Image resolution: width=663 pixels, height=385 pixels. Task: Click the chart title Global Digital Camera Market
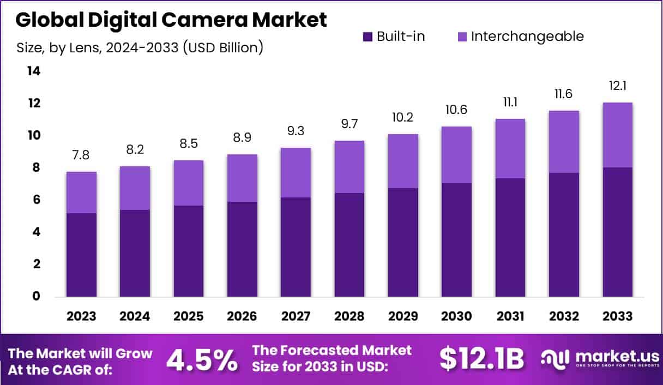[x=171, y=20]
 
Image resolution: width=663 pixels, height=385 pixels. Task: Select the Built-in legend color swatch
[x=367, y=37]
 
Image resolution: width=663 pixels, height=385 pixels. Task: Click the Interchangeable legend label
[x=527, y=37]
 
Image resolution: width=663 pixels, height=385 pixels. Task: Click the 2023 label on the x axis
[x=81, y=317]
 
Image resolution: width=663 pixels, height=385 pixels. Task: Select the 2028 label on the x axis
[x=349, y=317]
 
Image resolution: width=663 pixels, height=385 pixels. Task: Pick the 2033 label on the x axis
[x=618, y=317]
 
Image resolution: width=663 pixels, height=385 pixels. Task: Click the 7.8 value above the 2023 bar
[x=81, y=155]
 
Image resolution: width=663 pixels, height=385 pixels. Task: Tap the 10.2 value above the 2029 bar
[x=403, y=118]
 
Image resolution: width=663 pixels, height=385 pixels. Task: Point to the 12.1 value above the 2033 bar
[x=618, y=86]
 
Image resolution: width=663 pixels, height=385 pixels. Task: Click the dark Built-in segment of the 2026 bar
[x=242, y=249]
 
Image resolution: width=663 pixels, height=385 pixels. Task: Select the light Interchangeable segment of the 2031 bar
[x=510, y=148]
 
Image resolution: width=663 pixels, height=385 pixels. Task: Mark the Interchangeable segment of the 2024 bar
[x=135, y=188]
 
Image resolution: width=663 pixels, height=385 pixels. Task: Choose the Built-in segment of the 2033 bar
[x=618, y=232]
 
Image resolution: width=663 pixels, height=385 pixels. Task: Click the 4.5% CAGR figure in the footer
[x=202, y=359]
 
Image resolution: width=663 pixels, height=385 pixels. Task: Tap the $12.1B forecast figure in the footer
[x=481, y=359]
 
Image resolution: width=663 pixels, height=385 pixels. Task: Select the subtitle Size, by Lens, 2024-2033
[x=140, y=47]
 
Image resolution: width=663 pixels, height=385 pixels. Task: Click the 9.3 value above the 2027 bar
[x=296, y=132]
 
